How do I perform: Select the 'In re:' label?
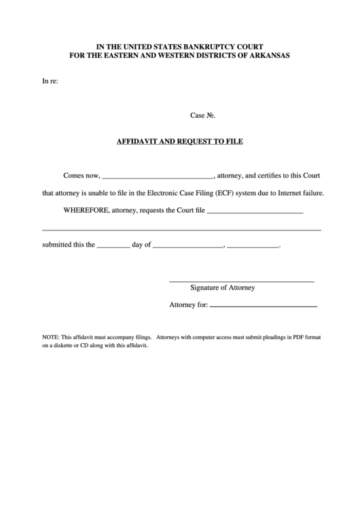50,82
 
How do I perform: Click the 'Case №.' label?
202,116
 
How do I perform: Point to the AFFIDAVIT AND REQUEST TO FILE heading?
180,142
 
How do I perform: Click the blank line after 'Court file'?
254,213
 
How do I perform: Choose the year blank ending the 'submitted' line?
254,247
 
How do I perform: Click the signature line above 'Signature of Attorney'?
241,281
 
